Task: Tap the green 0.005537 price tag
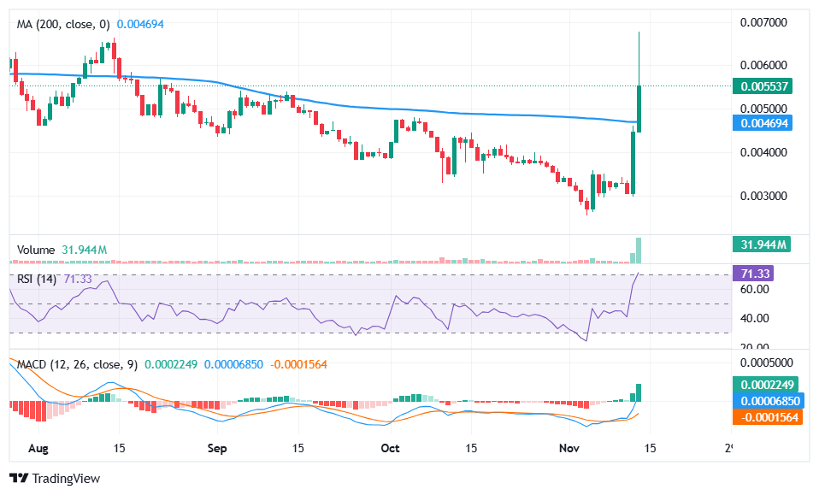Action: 764,86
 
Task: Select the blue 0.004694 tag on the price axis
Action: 764,123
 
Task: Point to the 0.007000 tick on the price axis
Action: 763,21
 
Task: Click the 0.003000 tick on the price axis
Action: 763,196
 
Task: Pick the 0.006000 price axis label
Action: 763,65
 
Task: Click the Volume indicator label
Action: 36,250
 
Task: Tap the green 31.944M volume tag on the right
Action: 762,245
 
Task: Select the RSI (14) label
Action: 37,280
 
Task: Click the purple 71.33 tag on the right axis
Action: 757,274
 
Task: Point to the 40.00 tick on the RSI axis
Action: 754,318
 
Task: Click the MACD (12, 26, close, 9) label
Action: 77,364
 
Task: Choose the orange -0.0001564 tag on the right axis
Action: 768,416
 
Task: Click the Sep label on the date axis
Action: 217,448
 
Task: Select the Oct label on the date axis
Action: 391,448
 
